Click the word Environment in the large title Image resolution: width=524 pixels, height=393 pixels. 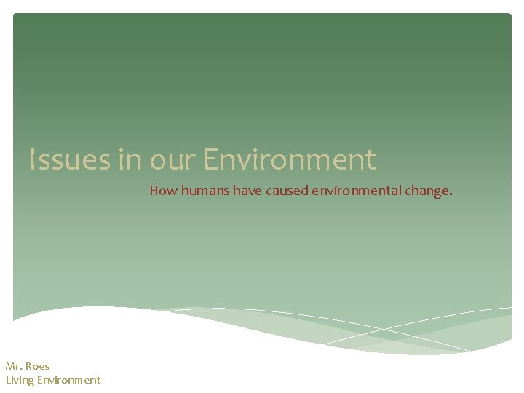pos(290,160)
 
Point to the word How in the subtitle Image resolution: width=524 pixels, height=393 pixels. pos(160,191)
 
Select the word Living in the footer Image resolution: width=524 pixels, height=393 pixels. pos(20,380)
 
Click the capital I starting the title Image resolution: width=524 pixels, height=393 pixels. pos(33,160)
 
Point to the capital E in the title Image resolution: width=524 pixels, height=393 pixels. pos(211,160)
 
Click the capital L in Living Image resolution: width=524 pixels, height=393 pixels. pos(8,380)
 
